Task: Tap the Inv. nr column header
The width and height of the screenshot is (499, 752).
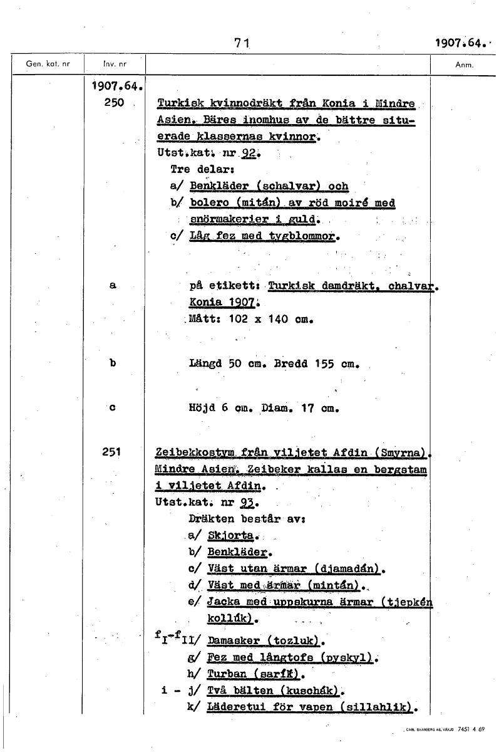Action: click(110, 64)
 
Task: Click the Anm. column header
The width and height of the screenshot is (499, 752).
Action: click(464, 64)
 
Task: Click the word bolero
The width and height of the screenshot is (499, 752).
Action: click(209, 203)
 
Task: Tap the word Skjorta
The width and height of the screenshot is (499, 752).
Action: click(229, 535)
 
